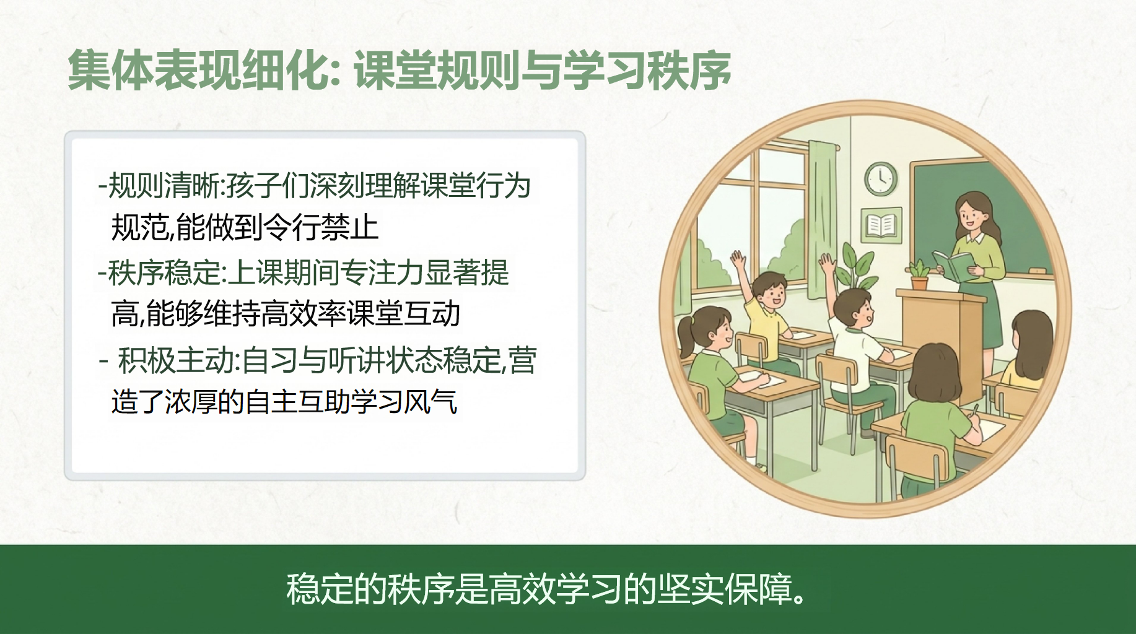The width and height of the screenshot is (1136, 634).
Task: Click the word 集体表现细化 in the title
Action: (199, 70)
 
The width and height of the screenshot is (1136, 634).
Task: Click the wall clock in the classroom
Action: (881, 179)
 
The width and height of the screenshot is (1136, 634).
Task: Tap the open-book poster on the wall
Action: (881, 225)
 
